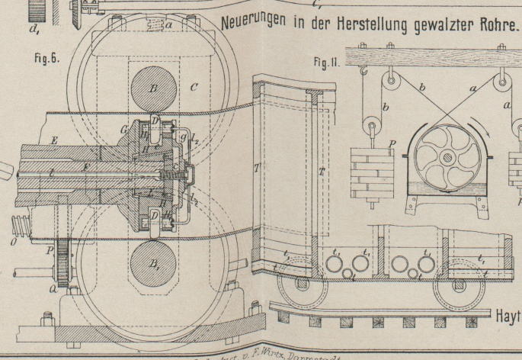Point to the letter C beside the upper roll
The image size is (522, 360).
[x=194, y=88]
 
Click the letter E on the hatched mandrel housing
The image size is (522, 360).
[x=56, y=140]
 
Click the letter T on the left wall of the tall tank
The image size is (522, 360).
[x=255, y=166]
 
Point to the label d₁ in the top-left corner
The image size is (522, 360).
[x=34, y=31]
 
